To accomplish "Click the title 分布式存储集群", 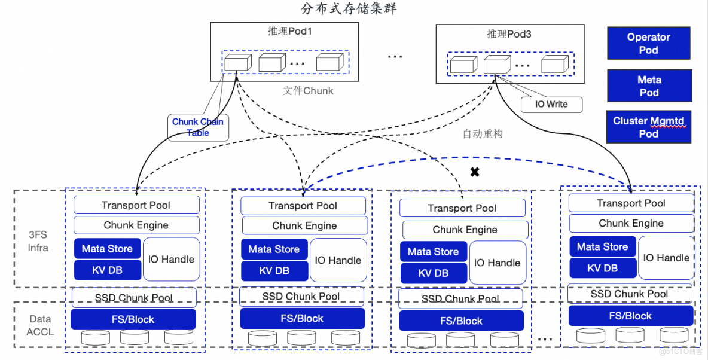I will (348, 9).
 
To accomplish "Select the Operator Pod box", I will (648, 43).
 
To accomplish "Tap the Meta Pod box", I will (649, 86).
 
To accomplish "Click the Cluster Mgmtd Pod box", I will (648, 127).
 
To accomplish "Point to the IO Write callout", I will (551, 104).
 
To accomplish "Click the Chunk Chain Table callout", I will (198, 127).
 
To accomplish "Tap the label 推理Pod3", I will (509, 34).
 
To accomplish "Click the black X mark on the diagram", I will (475, 172).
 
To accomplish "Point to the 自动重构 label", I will (483, 134).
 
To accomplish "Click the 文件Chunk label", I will (308, 91).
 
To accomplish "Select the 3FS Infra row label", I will (38, 241).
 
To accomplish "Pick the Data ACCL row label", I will (40, 325).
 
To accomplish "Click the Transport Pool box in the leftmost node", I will (136, 205).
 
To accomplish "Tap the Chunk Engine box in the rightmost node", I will (631, 223).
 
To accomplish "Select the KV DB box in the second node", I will (274, 270).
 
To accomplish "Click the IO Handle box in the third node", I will (497, 263).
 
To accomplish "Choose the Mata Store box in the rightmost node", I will (602, 246).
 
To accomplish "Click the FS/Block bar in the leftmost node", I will (133, 319).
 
